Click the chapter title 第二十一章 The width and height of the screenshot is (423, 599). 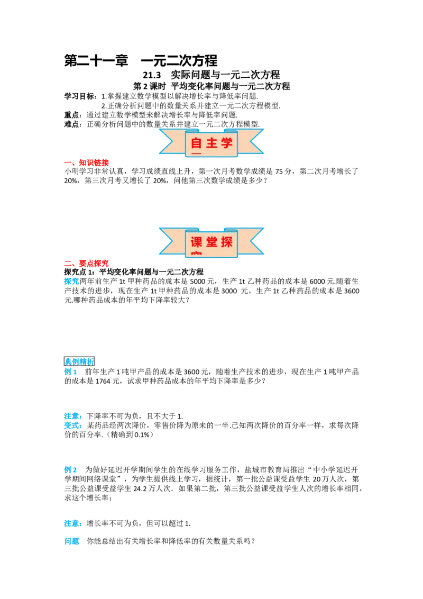(96, 61)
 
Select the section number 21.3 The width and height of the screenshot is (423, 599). (152, 75)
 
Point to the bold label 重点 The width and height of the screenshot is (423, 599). (71, 115)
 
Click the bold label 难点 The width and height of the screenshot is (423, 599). (71, 124)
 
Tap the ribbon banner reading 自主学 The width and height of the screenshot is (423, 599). (211, 143)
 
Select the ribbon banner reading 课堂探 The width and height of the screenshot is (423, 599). (211, 242)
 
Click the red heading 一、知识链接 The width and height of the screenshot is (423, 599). (87, 163)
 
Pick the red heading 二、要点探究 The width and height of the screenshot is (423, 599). (87, 263)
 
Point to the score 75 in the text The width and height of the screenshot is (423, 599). (279, 171)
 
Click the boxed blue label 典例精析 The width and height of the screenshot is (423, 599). (79, 361)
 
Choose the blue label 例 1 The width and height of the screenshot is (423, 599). (71, 371)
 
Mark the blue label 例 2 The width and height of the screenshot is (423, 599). (71, 470)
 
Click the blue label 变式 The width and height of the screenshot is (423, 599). (72, 425)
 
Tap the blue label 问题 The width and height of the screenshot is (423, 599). (72, 541)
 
